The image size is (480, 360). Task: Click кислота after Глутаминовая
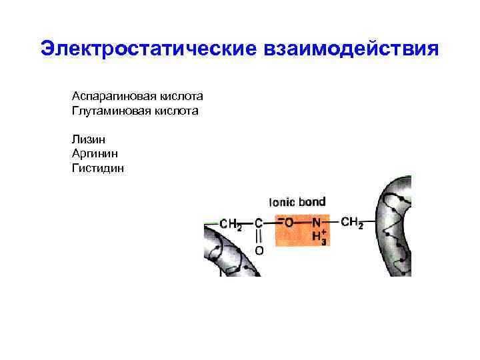point(175,111)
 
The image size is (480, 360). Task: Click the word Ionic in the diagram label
point(282,201)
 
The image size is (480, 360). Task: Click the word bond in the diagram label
point(312,201)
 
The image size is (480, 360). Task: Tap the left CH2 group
point(231,224)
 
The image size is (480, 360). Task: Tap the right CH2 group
point(351,222)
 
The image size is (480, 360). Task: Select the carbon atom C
point(259,223)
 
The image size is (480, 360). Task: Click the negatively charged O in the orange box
point(287,223)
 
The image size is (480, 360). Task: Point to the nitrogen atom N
point(317,223)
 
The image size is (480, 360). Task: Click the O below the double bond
point(259,251)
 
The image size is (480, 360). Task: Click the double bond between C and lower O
point(259,237)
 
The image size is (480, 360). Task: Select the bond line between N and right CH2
point(332,222)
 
